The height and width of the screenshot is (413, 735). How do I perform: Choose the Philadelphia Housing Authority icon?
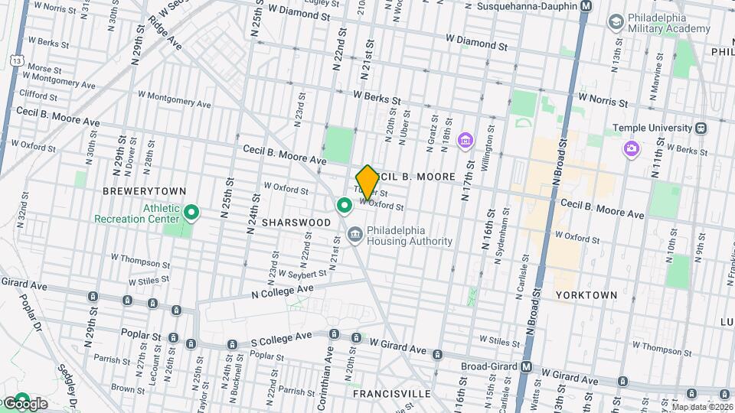(x=354, y=234)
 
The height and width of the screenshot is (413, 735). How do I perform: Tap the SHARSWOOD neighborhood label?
(x=296, y=223)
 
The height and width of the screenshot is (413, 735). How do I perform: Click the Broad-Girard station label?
(x=489, y=366)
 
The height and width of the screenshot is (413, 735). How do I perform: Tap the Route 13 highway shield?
(x=16, y=59)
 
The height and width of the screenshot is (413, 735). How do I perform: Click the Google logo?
(x=24, y=403)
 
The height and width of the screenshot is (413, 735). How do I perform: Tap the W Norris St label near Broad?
(x=603, y=99)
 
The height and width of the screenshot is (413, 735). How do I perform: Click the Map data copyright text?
(x=702, y=407)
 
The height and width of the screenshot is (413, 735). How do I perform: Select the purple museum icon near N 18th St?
(x=464, y=141)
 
